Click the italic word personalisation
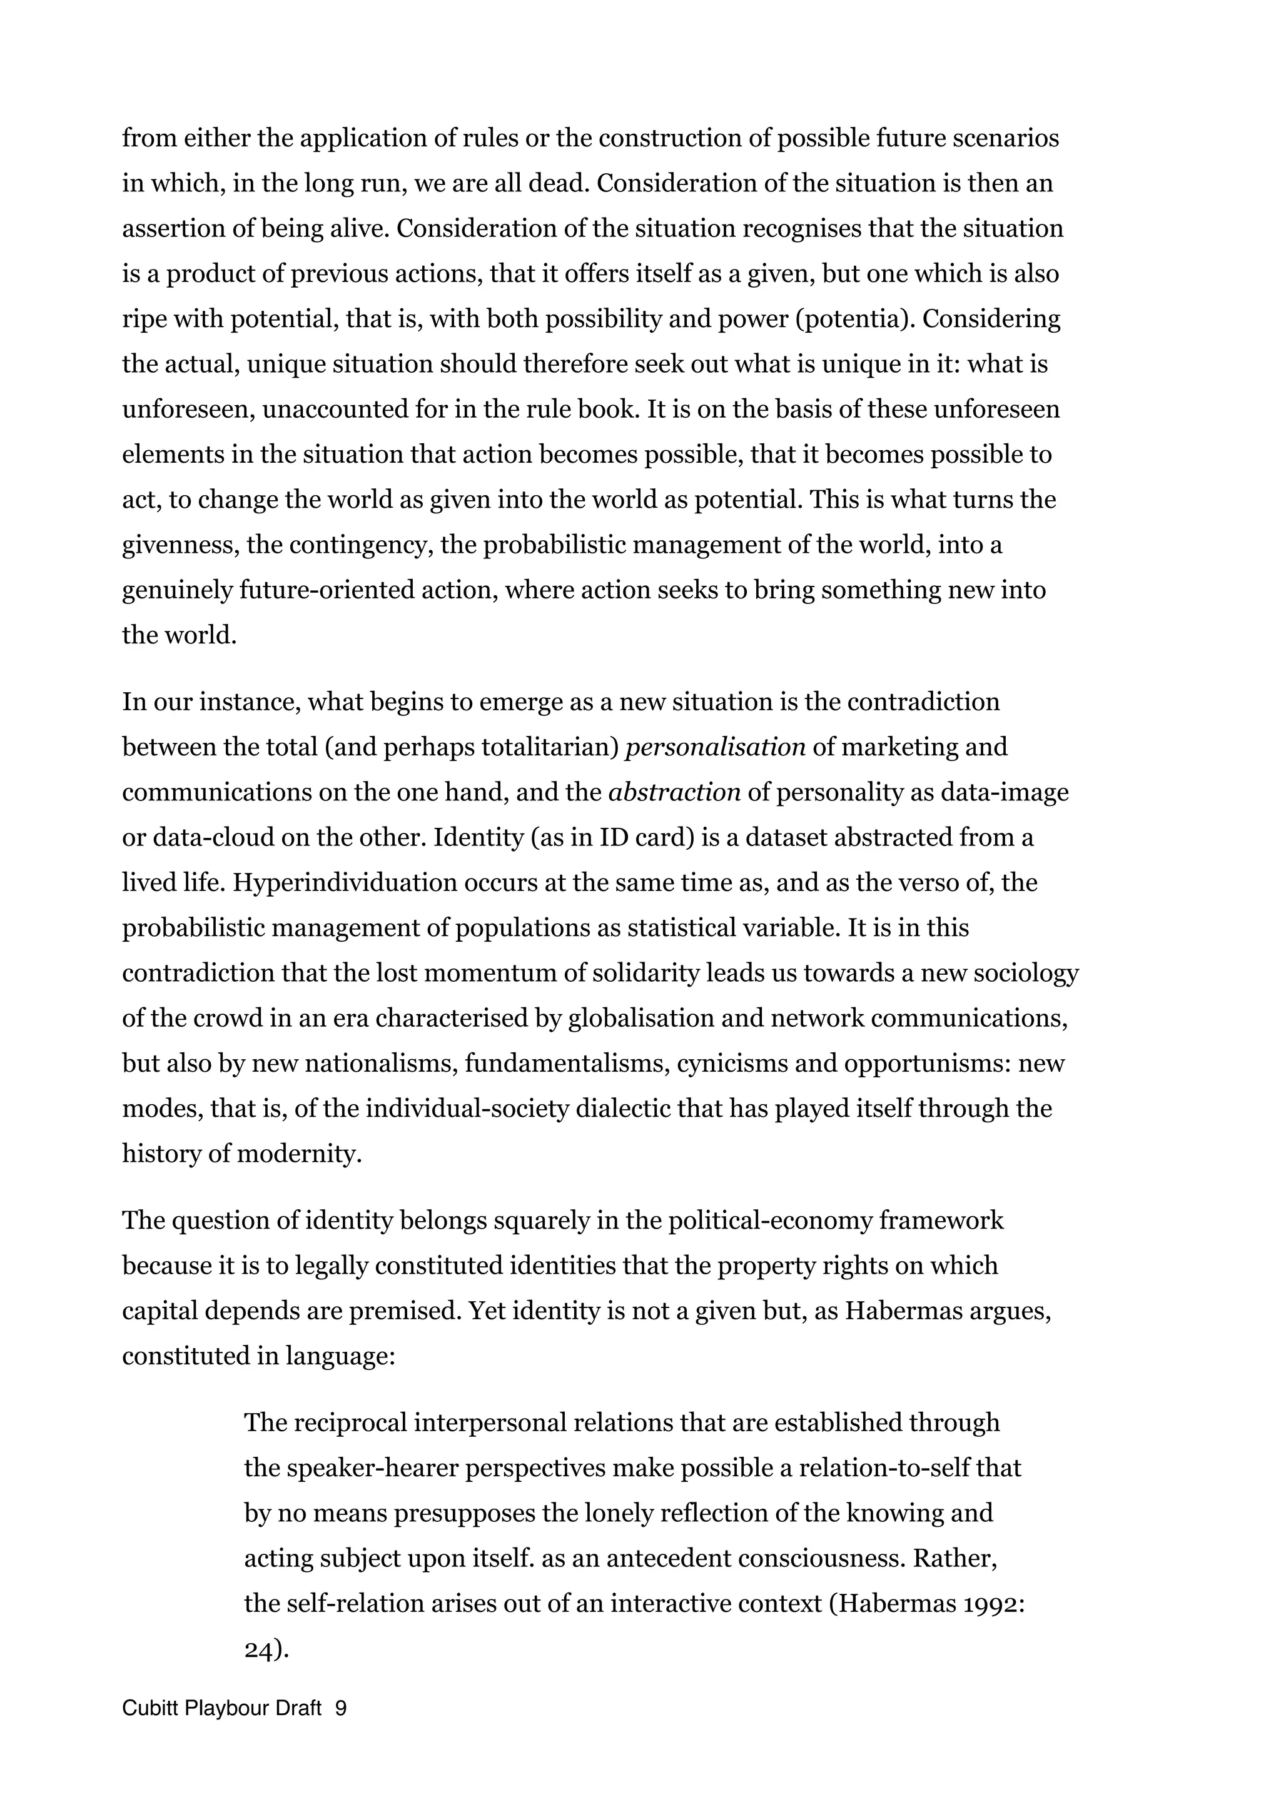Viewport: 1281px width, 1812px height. (x=714, y=747)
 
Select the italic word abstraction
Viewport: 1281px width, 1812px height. (x=674, y=792)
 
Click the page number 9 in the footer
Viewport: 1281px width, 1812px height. (x=341, y=1709)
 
